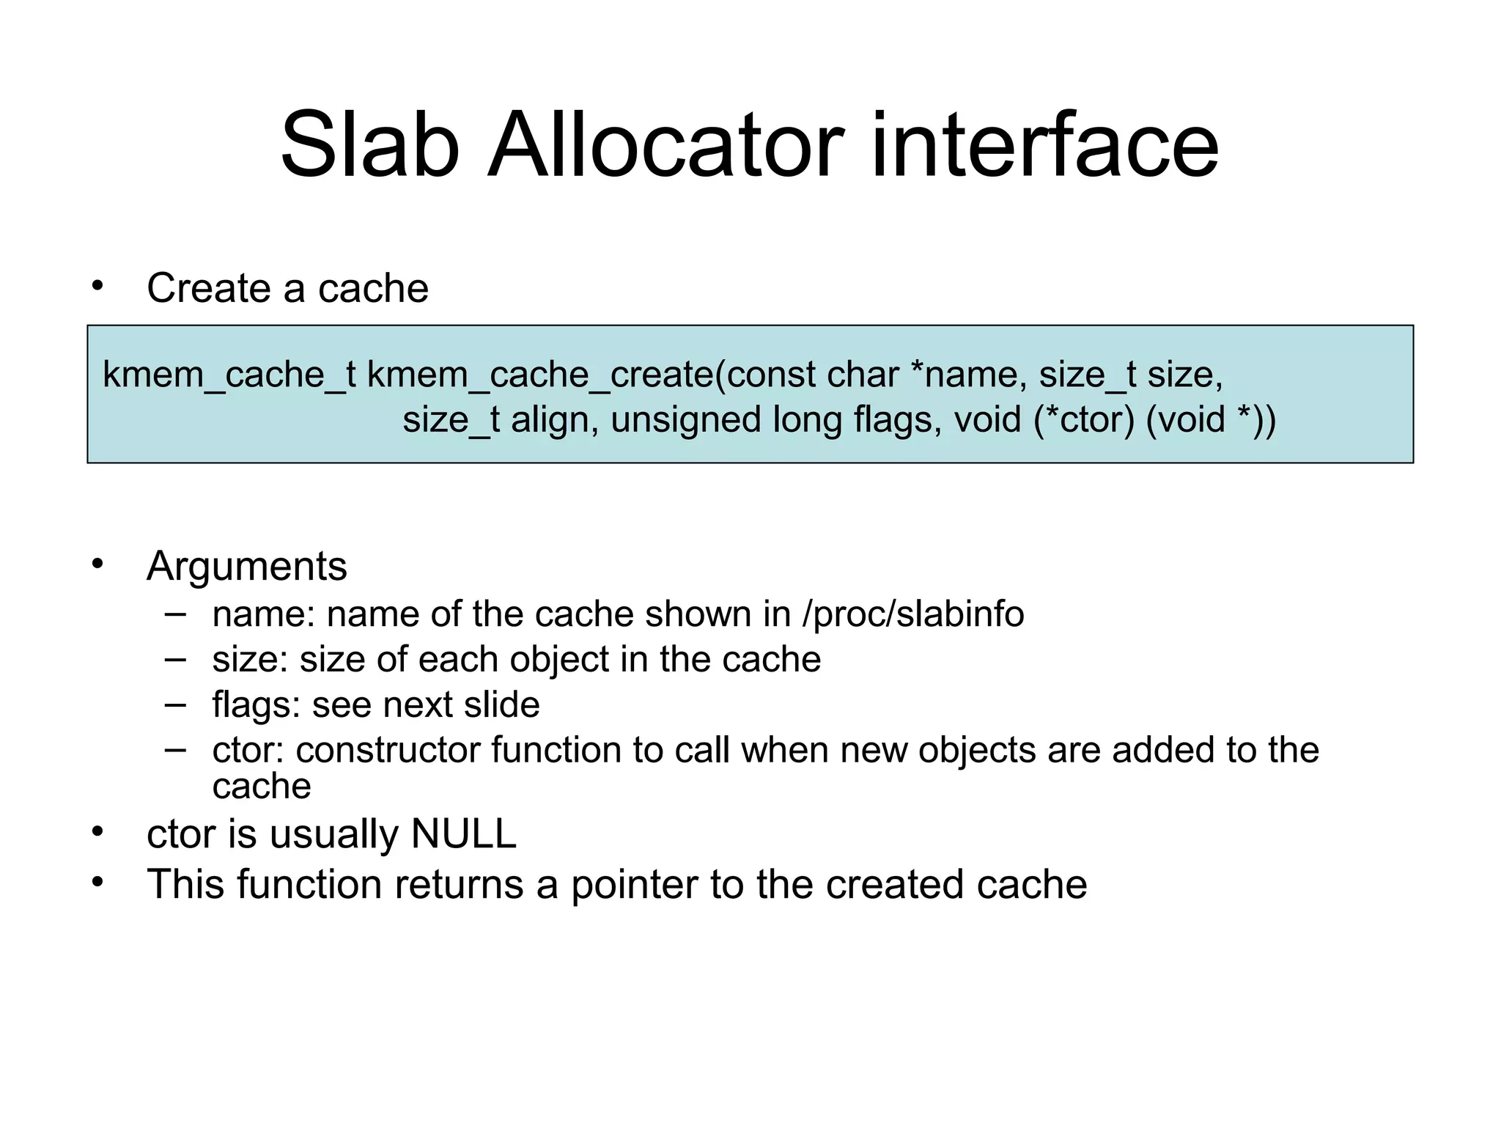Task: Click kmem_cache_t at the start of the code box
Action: tap(229, 375)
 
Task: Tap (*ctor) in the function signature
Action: tap(1083, 421)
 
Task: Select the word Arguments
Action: tap(247, 567)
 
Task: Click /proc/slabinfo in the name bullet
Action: tap(913, 614)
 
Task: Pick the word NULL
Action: tap(464, 834)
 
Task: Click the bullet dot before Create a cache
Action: tap(97, 286)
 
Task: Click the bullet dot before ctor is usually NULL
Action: tap(97, 832)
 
